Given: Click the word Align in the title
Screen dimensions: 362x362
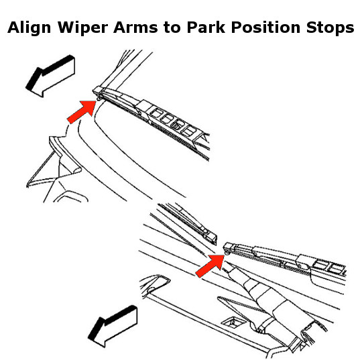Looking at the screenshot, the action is pyautogui.click(x=29, y=27).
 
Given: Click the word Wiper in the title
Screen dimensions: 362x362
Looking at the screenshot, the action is pyautogui.click(x=82, y=27).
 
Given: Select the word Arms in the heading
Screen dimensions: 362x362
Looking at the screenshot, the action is pyautogui.click(x=135, y=27).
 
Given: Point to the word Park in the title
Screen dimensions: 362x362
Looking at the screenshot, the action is pyautogui.click(x=206, y=27).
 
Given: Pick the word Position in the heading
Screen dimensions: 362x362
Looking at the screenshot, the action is pyautogui.click(x=265, y=27).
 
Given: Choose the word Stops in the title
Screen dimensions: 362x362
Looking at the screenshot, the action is pyautogui.click(x=330, y=27).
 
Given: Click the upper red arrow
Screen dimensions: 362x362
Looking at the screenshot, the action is pyautogui.click(x=82, y=112).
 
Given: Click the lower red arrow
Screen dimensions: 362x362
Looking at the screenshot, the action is pyautogui.click(x=210, y=265).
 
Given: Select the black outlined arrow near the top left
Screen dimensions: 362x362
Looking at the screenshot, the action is pyautogui.click(x=50, y=76).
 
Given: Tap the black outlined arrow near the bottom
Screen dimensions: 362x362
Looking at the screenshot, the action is pyautogui.click(x=113, y=326).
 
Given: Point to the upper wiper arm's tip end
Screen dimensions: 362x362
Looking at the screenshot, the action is pyautogui.click(x=97, y=90).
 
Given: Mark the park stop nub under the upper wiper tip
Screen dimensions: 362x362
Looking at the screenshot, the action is pyautogui.click(x=99, y=99).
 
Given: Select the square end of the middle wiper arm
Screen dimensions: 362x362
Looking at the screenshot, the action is pyautogui.click(x=211, y=238).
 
